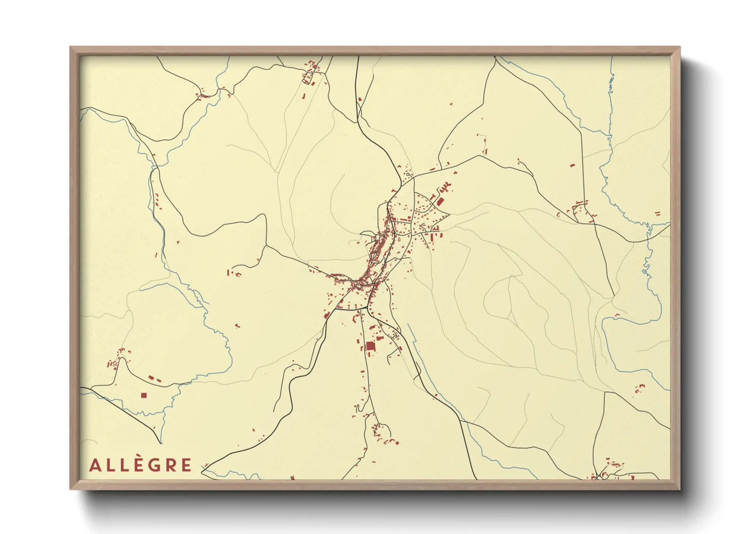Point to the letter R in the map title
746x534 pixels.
point(170,465)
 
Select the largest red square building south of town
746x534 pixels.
point(370,346)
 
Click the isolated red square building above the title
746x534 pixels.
point(144,395)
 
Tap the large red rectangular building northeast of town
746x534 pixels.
point(440,201)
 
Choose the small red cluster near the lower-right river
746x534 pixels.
point(639,389)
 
